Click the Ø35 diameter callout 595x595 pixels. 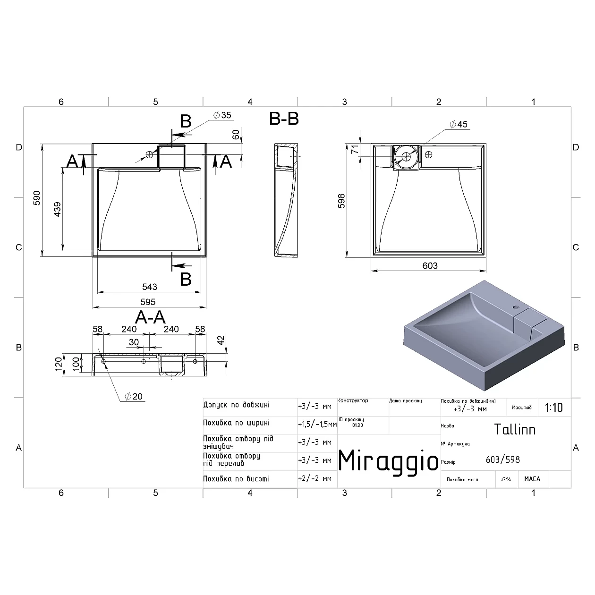point(222,115)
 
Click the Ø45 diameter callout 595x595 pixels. point(459,124)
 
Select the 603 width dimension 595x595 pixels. point(430,265)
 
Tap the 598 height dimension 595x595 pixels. point(341,201)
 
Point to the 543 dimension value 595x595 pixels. point(149,287)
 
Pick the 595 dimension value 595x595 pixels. point(148,302)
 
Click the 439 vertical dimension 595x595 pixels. point(57,209)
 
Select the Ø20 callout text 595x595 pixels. point(133,397)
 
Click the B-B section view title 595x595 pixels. point(284,119)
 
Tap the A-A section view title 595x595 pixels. point(150,317)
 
